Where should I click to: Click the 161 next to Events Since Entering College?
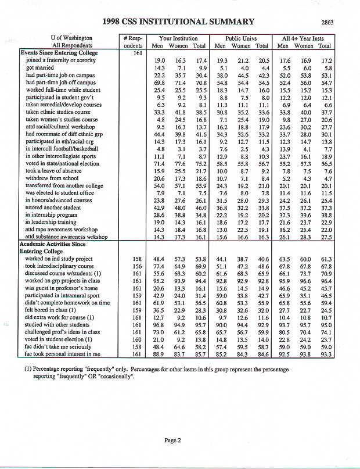tap(134, 53)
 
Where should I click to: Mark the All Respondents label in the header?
tap(73, 45)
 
